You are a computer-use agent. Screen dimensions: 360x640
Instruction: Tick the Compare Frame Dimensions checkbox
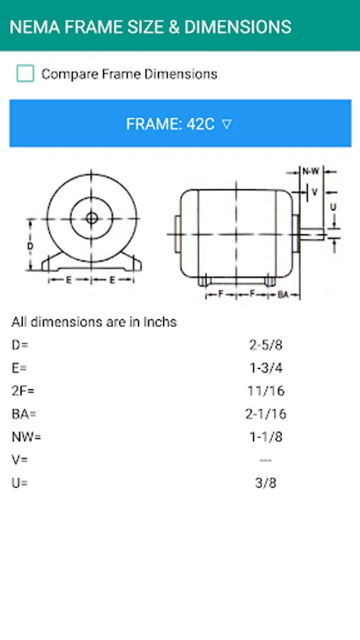coord(26,74)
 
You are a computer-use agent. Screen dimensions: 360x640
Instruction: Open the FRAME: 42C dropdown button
coord(180,123)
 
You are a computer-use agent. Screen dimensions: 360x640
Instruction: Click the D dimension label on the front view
coord(31,246)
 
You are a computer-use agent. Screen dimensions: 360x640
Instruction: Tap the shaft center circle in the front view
coord(92,218)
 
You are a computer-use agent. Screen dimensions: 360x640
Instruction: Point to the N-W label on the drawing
coord(311,172)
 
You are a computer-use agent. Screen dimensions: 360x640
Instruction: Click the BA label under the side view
coord(283,294)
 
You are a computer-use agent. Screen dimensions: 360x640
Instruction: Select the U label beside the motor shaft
coord(334,207)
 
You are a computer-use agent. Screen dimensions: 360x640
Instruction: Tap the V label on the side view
coord(314,191)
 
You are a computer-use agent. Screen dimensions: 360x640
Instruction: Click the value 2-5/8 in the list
coord(265,346)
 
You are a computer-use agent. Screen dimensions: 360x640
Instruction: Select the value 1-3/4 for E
coord(265,368)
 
